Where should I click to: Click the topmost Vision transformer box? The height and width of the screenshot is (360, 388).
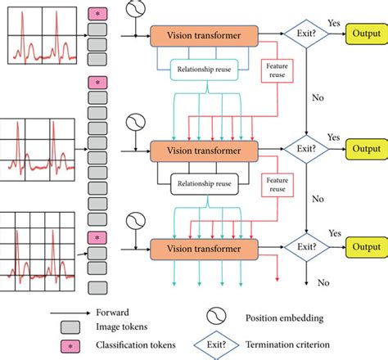point(204,35)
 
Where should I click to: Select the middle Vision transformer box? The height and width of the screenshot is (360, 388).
point(204,151)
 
